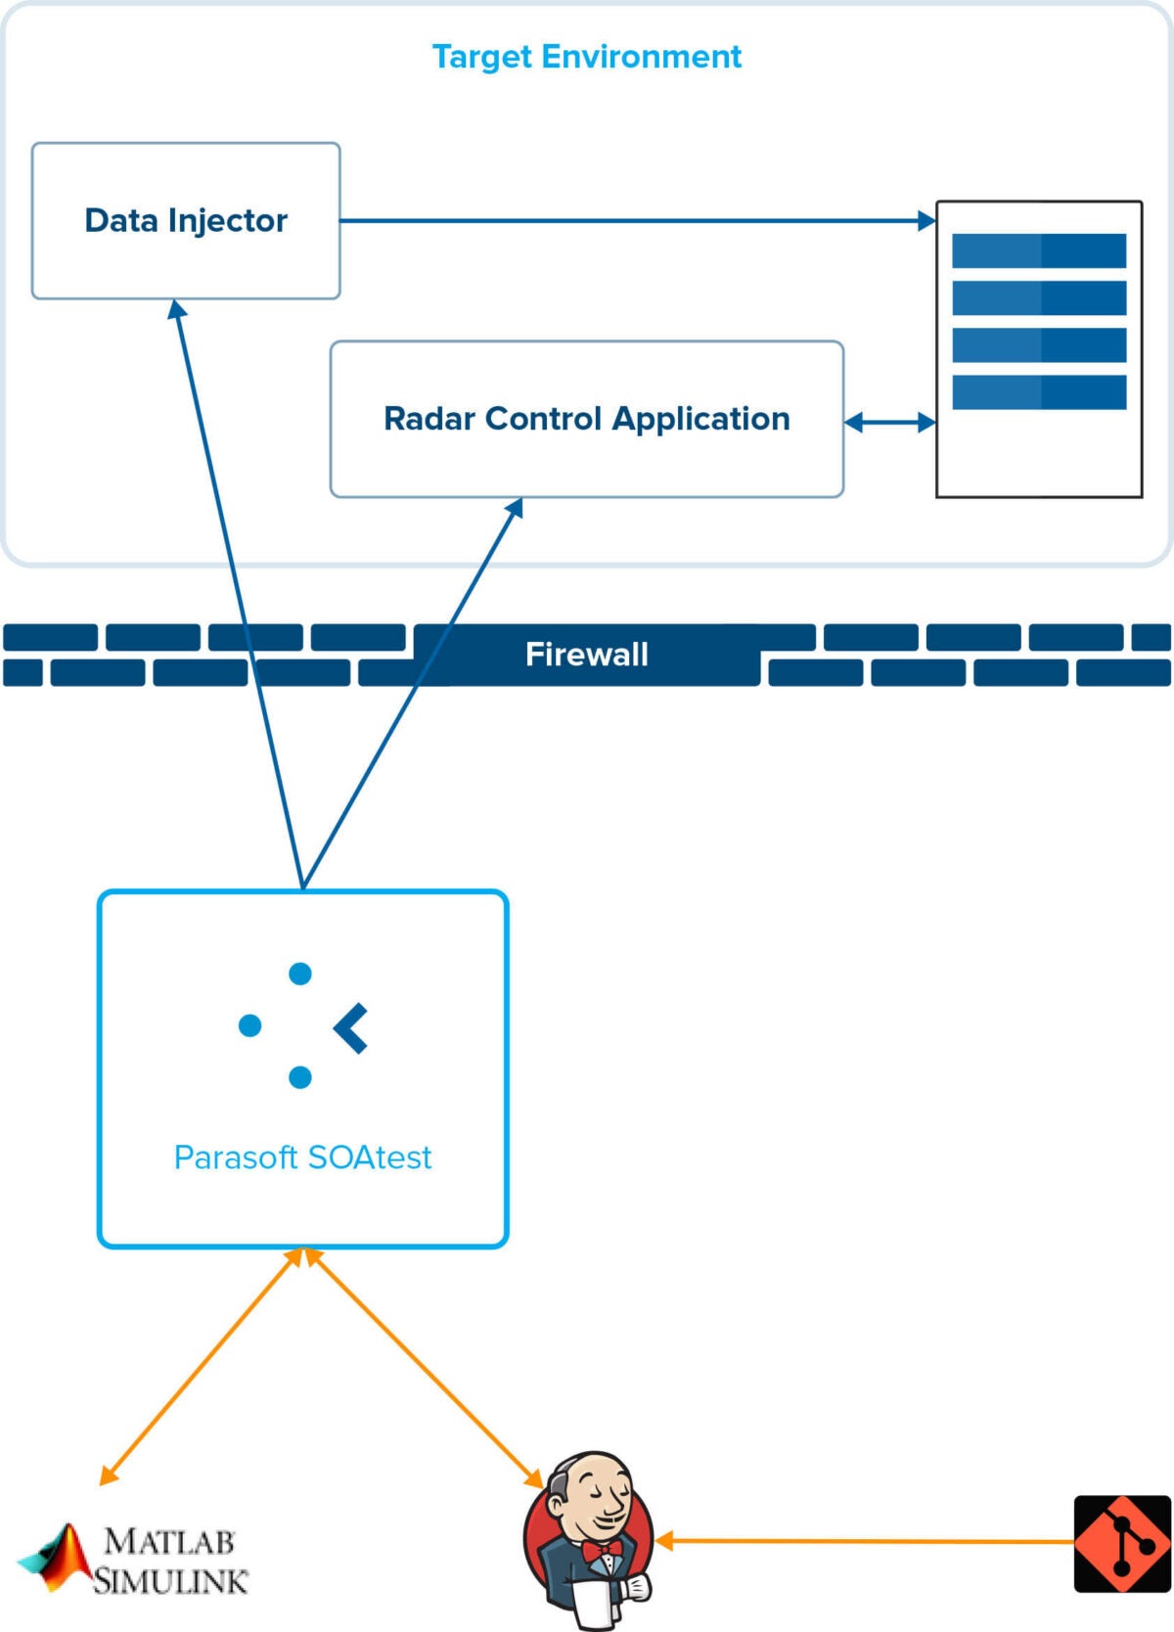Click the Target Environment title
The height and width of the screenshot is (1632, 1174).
(x=587, y=57)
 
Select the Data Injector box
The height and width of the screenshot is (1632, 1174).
(x=186, y=221)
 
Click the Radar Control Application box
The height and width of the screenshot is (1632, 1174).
(x=587, y=419)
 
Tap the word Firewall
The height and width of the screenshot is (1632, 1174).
(x=587, y=654)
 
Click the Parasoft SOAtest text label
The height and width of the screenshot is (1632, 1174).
(x=302, y=1157)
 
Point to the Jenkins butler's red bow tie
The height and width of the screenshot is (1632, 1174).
(x=600, y=1550)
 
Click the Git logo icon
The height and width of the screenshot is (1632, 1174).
(x=1122, y=1544)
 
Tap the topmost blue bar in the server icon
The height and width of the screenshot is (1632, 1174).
(x=1039, y=250)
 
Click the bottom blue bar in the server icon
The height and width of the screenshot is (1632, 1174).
(x=1039, y=391)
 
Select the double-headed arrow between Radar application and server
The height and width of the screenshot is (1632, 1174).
(x=889, y=423)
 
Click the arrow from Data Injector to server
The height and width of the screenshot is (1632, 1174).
(x=636, y=221)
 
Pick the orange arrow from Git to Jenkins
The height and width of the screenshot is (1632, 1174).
(x=861, y=1542)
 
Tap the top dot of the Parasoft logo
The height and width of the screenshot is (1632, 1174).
(x=300, y=974)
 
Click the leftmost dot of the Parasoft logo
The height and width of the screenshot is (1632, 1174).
(x=250, y=1025)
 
